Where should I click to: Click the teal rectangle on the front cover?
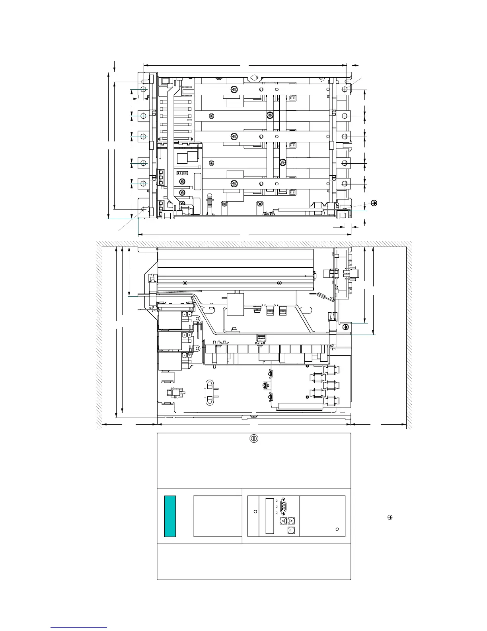point(170,516)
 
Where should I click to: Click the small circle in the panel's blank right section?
point(337,529)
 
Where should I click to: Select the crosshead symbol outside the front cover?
point(390,517)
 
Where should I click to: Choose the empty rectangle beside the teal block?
point(218,516)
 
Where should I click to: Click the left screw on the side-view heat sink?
point(185,283)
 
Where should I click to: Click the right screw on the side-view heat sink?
point(280,283)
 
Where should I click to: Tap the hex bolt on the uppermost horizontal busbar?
point(235,89)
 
